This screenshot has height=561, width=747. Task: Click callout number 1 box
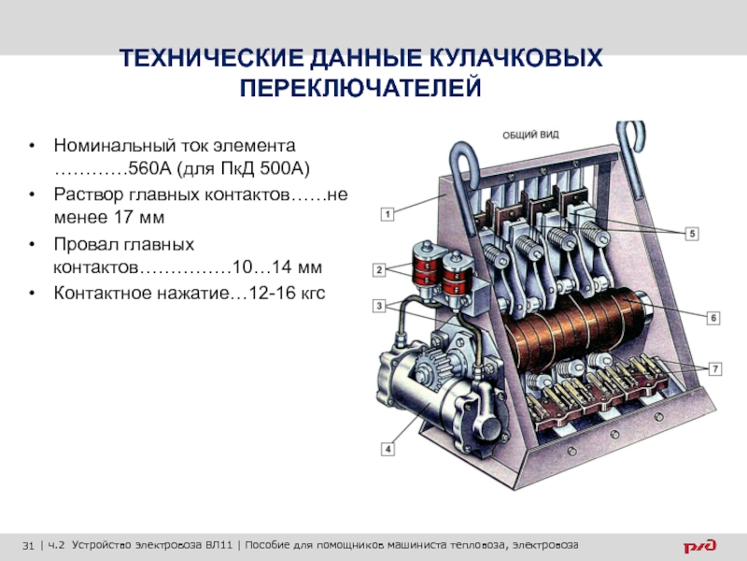pyautogui.click(x=388, y=214)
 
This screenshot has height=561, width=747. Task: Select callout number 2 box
pyautogui.click(x=379, y=270)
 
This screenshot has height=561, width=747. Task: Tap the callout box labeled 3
pyautogui.click(x=379, y=306)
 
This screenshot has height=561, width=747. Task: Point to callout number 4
pyautogui.click(x=388, y=449)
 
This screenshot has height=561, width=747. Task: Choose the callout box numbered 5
pyautogui.click(x=692, y=234)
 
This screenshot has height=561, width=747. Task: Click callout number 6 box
pyautogui.click(x=713, y=318)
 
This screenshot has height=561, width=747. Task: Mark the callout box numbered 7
pyautogui.click(x=715, y=368)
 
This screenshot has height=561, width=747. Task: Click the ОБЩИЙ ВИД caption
pyautogui.click(x=530, y=135)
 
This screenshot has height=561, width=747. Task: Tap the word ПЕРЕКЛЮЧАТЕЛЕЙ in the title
pyautogui.click(x=360, y=88)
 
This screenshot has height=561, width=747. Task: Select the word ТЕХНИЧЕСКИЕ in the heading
pyautogui.click(x=212, y=58)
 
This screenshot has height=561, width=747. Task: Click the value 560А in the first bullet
pyautogui.click(x=149, y=168)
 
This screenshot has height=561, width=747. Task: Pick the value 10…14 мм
pyautogui.click(x=277, y=266)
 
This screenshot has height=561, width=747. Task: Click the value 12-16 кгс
pyautogui.click(x=287, y=293)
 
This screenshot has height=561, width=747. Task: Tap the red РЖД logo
pyautogui.click(x=699, y=545)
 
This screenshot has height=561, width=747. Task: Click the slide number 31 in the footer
pyautogui.click(x=28, y=545)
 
